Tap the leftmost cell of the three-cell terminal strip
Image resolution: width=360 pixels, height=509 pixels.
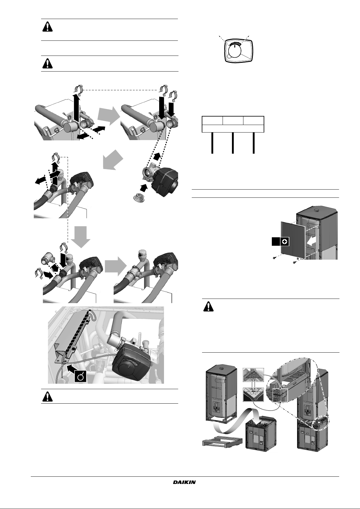click(212, 120)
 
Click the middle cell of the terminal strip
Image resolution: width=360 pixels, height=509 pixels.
click(233, 120)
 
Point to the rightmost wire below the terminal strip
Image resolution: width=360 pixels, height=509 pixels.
click(253, 143)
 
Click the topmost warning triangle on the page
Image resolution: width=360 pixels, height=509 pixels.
click(47, 27)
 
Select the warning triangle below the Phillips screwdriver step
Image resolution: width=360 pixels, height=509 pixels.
click(209, 307)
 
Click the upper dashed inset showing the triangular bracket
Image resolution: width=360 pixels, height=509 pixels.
click(253, 376)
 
